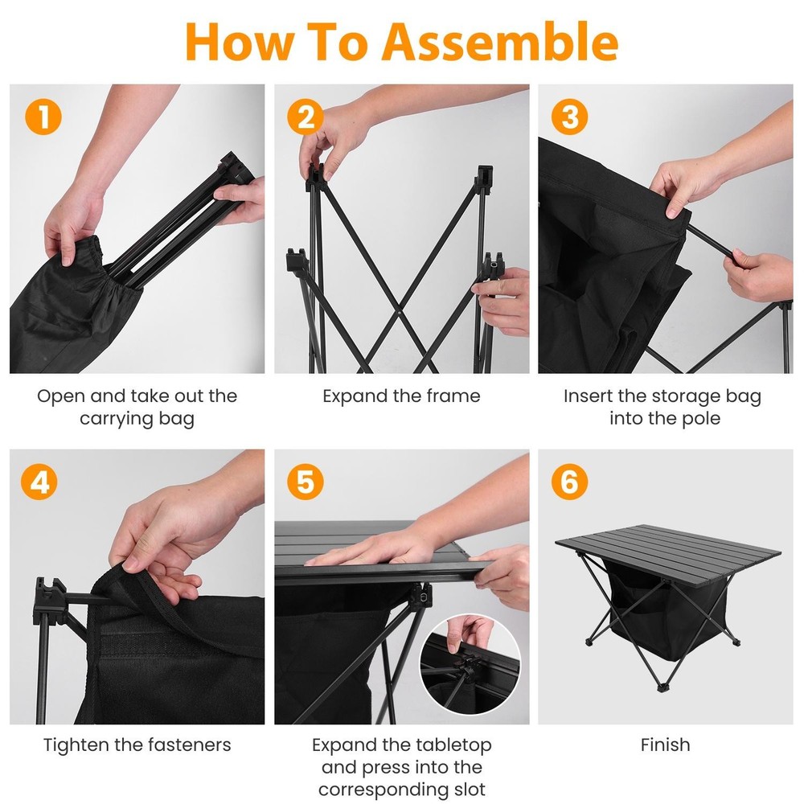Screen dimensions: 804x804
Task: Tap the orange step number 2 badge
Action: [306, 117]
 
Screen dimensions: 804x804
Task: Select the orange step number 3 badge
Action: [569, 117]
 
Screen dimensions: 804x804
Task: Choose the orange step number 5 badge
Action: [306, 482]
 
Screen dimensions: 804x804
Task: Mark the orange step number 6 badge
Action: [569, 482]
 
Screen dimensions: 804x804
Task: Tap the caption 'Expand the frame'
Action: [401, 396]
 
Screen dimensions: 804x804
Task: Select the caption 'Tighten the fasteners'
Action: [137, 745]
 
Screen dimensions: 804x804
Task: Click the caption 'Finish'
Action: [665, 745]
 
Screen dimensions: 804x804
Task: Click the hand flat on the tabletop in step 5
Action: [378, 550]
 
